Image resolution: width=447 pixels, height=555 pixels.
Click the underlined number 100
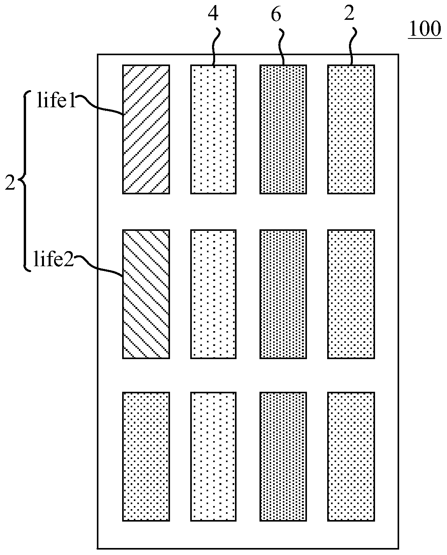[x=424, y=29]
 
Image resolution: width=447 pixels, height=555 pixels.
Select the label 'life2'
[x=54, y=260]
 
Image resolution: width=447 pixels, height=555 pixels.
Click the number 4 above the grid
[x=213, y=14]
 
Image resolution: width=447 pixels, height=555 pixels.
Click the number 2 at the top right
[x=349, y=14]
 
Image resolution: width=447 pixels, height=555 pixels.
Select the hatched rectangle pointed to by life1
[x=146, y=129]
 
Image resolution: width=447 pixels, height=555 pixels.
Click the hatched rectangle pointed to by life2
[x=146, y=294]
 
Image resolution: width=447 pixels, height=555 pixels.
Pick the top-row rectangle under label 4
[x=213, y=129]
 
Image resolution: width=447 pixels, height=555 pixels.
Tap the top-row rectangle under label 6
[x=283, y=129]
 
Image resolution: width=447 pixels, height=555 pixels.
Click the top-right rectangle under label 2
[x=351, y=129]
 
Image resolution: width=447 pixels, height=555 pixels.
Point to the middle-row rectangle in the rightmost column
[x=351, y=294]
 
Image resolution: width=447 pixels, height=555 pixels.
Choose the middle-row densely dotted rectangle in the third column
[x=283, y=294]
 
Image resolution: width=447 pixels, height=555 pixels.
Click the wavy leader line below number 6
[x=281, y=47]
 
